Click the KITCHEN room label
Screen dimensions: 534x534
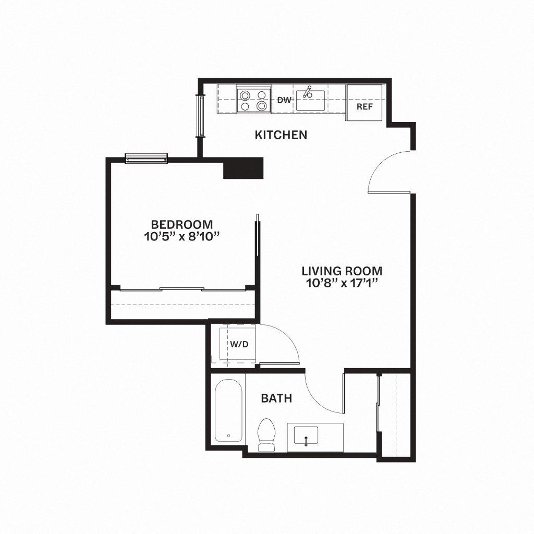coord(281,135)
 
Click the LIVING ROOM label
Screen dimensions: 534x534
coord(342,271)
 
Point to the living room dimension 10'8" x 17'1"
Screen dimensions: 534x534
coord(342,284)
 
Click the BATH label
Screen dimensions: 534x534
coord(276,399)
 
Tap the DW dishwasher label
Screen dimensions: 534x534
coord(283,100)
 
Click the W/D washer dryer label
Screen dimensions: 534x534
coord(239,345)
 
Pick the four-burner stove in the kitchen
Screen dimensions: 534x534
coord(253,100)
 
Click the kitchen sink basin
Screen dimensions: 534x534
coord(311,98)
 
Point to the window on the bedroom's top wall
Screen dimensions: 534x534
coord(146,158)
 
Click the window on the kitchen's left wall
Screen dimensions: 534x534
coord(200,115)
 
